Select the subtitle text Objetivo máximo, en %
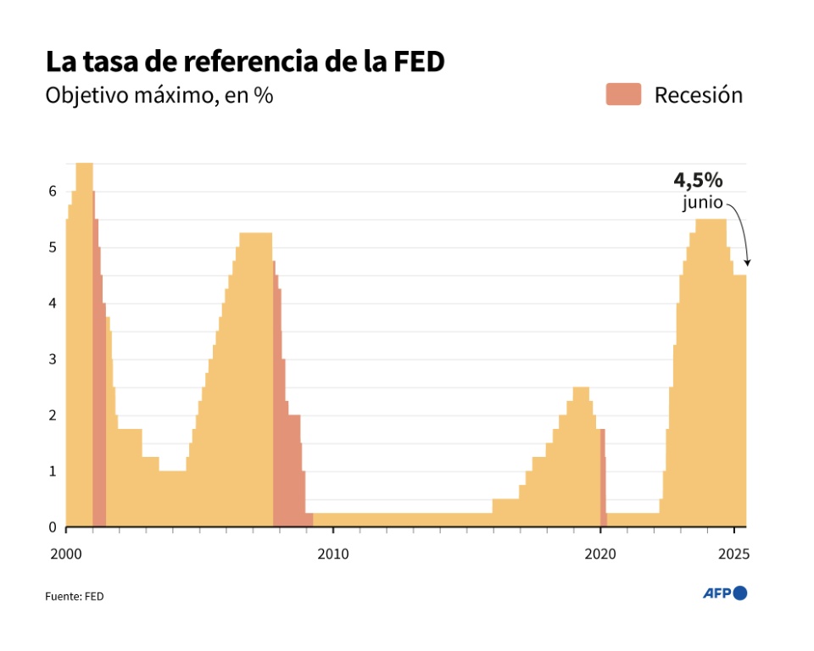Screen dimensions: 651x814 tap(159, 95)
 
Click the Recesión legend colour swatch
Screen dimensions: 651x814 tap(623, 94)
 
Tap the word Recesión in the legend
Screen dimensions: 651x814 tap(698, 95)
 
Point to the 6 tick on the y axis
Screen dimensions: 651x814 tap(53, 192)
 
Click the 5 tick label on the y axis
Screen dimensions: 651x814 tap(53, 248)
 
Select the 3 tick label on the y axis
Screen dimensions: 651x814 tap(53, 359)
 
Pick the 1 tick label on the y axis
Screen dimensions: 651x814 tap(53, 471)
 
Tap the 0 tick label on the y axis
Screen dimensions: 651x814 tap(53, 527)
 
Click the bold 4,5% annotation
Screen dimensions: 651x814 tap(698, 180)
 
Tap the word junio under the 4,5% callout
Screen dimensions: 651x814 tap(703, 203)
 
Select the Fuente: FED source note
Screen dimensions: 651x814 tap(75, 596)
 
